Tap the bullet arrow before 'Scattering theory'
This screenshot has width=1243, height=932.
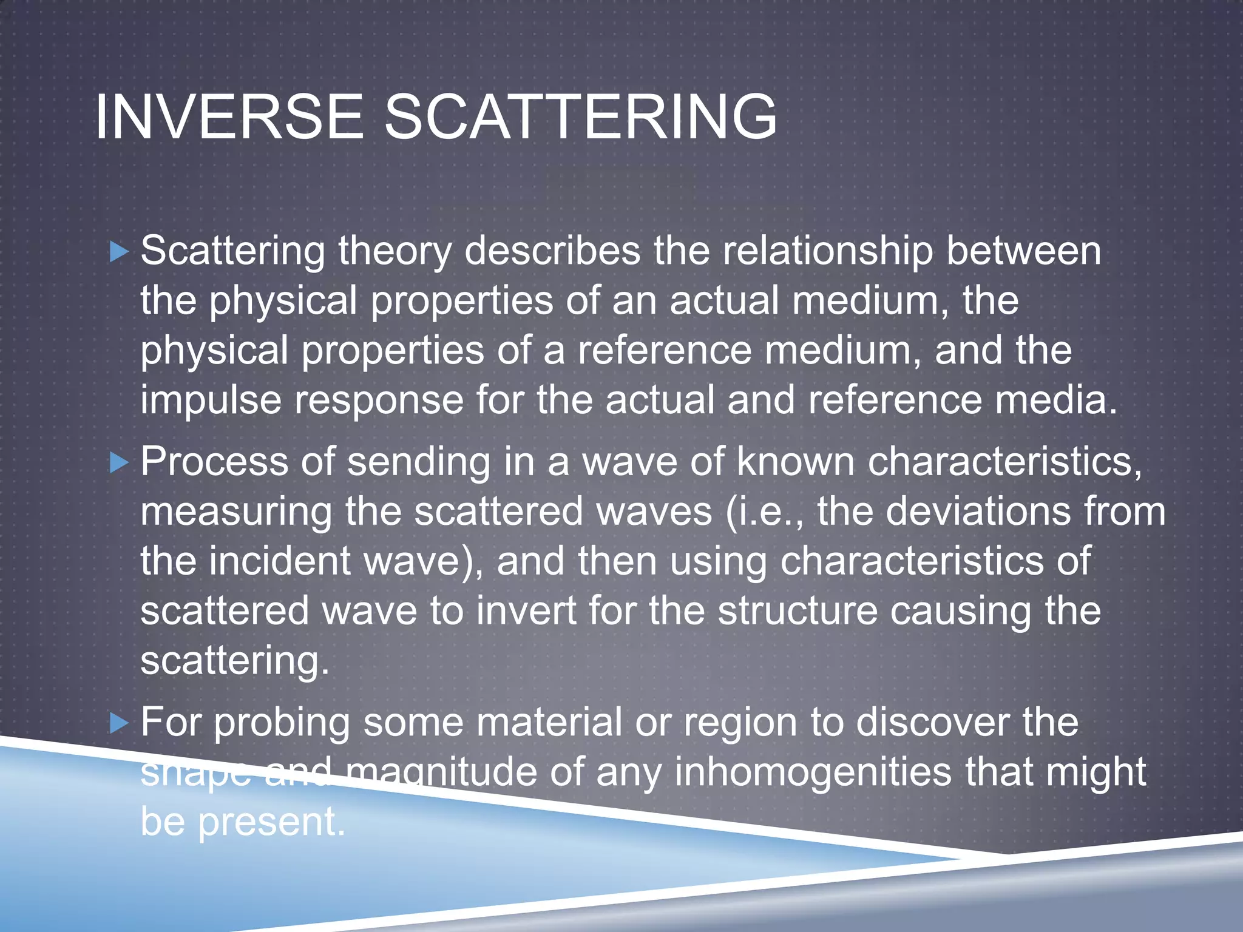point(120,251)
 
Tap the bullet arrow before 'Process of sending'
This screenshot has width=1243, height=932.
point(120,463)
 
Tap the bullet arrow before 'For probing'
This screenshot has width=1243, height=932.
point(120,723)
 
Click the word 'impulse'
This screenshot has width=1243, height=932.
point(211,402)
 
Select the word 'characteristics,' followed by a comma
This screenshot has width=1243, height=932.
point(1004,462)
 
